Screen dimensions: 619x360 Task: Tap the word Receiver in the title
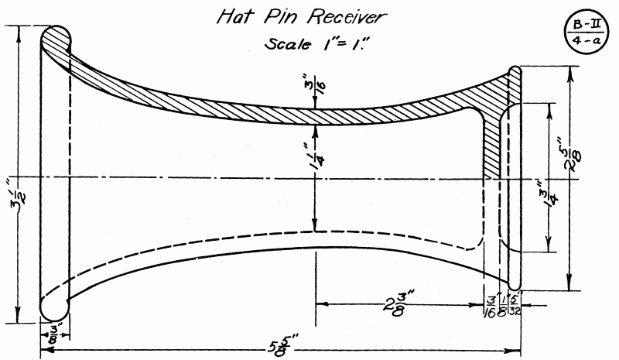(x=346, y=17)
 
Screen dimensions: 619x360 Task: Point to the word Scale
(x=287, y=43)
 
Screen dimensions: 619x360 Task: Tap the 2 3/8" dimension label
(x=398, y=303)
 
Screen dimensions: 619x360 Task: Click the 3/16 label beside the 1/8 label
(x=491, y=304)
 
